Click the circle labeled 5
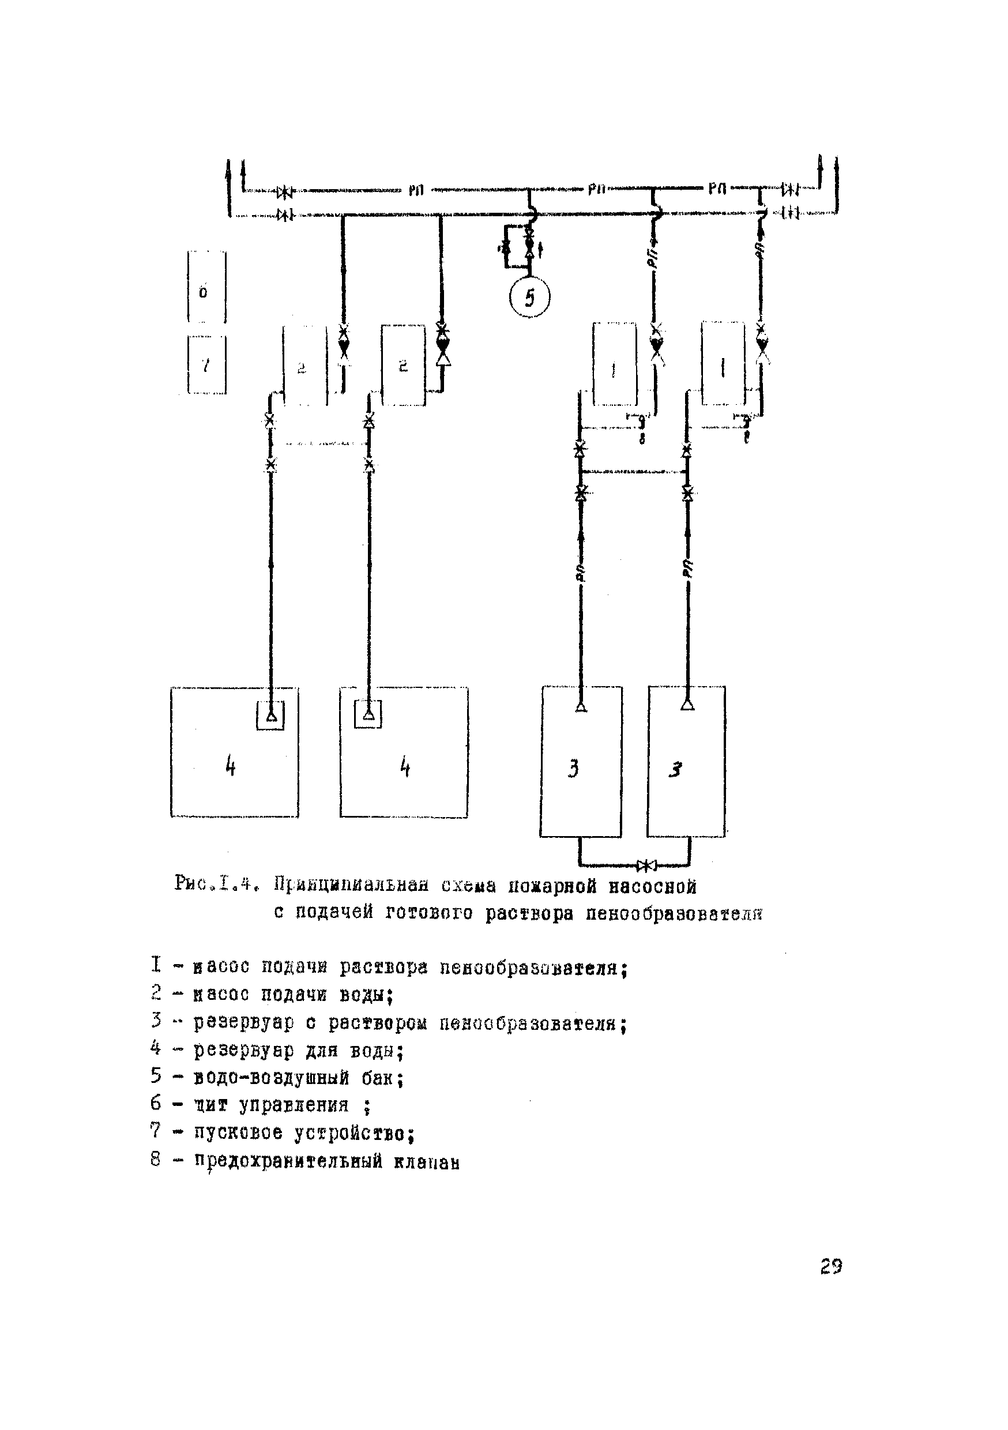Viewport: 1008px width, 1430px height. (529, 298)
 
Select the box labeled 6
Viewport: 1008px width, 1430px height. (207, 287)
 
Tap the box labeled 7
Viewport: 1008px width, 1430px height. (207, 365)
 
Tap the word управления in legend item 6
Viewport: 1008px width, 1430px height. (294, 1105)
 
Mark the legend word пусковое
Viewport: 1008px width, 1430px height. (238, 1133)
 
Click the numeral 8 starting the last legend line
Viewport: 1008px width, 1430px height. (156, 1160)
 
